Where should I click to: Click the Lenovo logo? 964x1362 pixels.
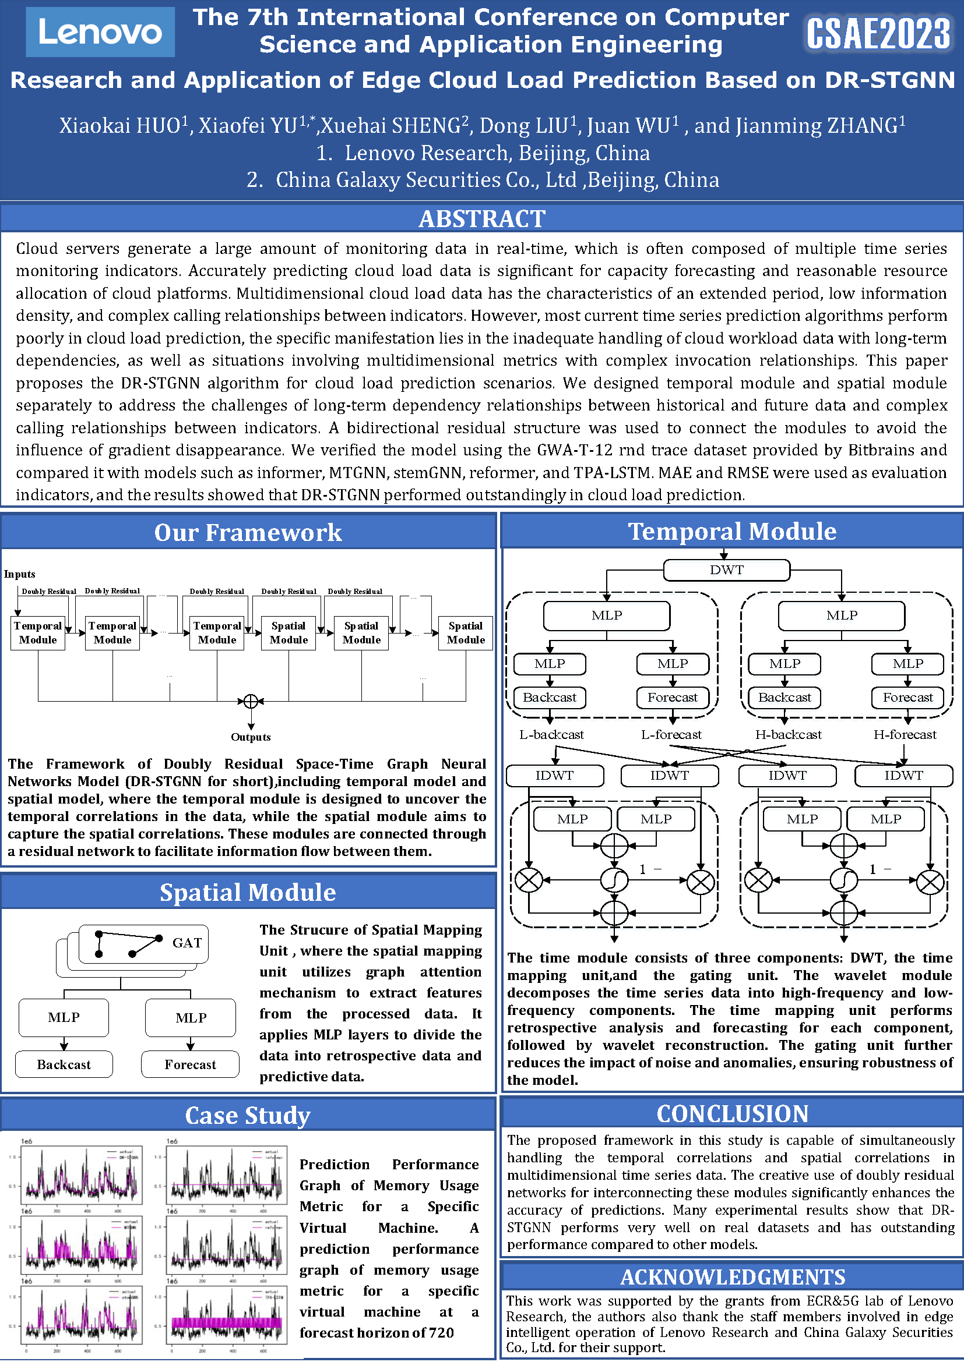pos(100,32)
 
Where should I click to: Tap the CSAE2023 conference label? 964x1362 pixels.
pos(877,34)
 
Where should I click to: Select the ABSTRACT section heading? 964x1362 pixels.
pos(481,219)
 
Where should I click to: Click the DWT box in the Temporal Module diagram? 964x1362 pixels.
pos(726,570)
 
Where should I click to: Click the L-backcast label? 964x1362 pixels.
pos(551,735)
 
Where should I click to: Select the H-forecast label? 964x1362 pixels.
pos(904,735)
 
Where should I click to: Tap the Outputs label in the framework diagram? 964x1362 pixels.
pos(251,737)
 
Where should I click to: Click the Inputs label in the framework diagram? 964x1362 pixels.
pos(20,574)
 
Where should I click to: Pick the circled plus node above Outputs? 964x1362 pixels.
pos(251,702)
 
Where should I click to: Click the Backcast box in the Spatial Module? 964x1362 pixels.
pos(64,1065)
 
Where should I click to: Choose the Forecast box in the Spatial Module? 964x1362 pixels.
pos(190,1065)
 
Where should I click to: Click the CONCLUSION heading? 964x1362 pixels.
pos(732,1114)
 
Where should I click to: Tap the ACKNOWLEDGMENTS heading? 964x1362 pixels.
pos(732,1277)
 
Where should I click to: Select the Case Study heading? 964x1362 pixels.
pos(248,1116)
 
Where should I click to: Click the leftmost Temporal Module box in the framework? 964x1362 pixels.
pos(38,633)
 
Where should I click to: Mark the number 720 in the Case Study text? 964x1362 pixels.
pos(441,1333)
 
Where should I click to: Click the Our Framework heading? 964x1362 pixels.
pos(248,533)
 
